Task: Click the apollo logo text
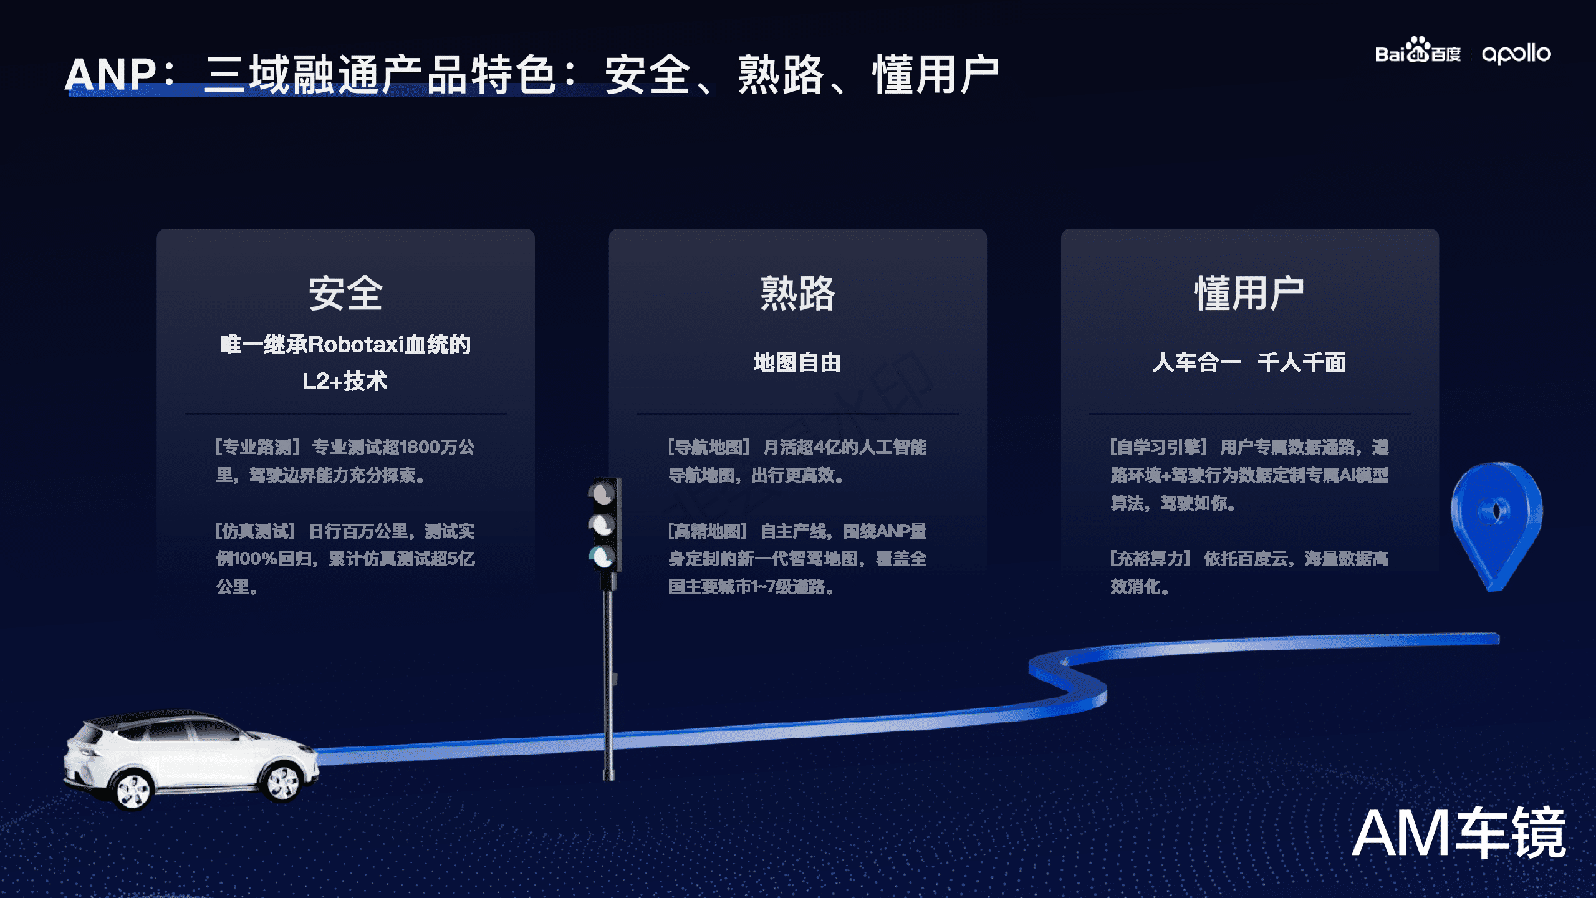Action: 1516,54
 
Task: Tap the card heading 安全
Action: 345,293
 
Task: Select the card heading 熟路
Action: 797,293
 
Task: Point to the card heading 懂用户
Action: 1249,293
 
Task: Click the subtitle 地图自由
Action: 797,362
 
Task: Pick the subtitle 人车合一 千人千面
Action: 1249,362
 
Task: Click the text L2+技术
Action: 345,380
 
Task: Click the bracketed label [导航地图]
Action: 709,447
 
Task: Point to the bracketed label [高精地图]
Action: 708,531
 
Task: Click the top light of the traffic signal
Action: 603,493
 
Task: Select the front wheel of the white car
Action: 133,790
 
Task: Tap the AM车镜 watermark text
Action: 1458,834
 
